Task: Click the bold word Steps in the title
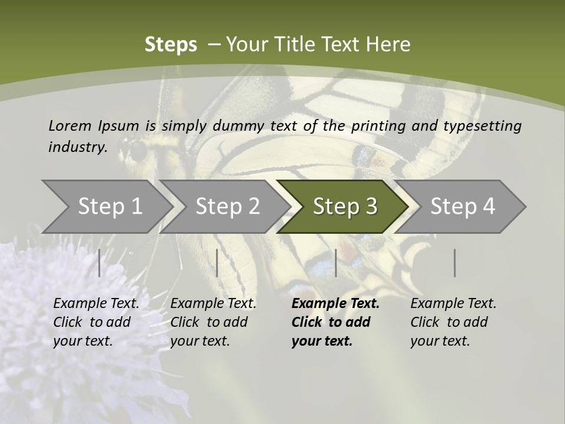(171, 45)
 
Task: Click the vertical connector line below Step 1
(99, 263)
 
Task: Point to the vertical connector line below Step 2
(217, 263)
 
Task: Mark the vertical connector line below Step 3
(335, 263)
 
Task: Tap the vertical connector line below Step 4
(454, 263)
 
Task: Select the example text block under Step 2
(212, 322)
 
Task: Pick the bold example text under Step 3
(335, 322)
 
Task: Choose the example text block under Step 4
(453, 322)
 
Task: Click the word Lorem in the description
(70, 125)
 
